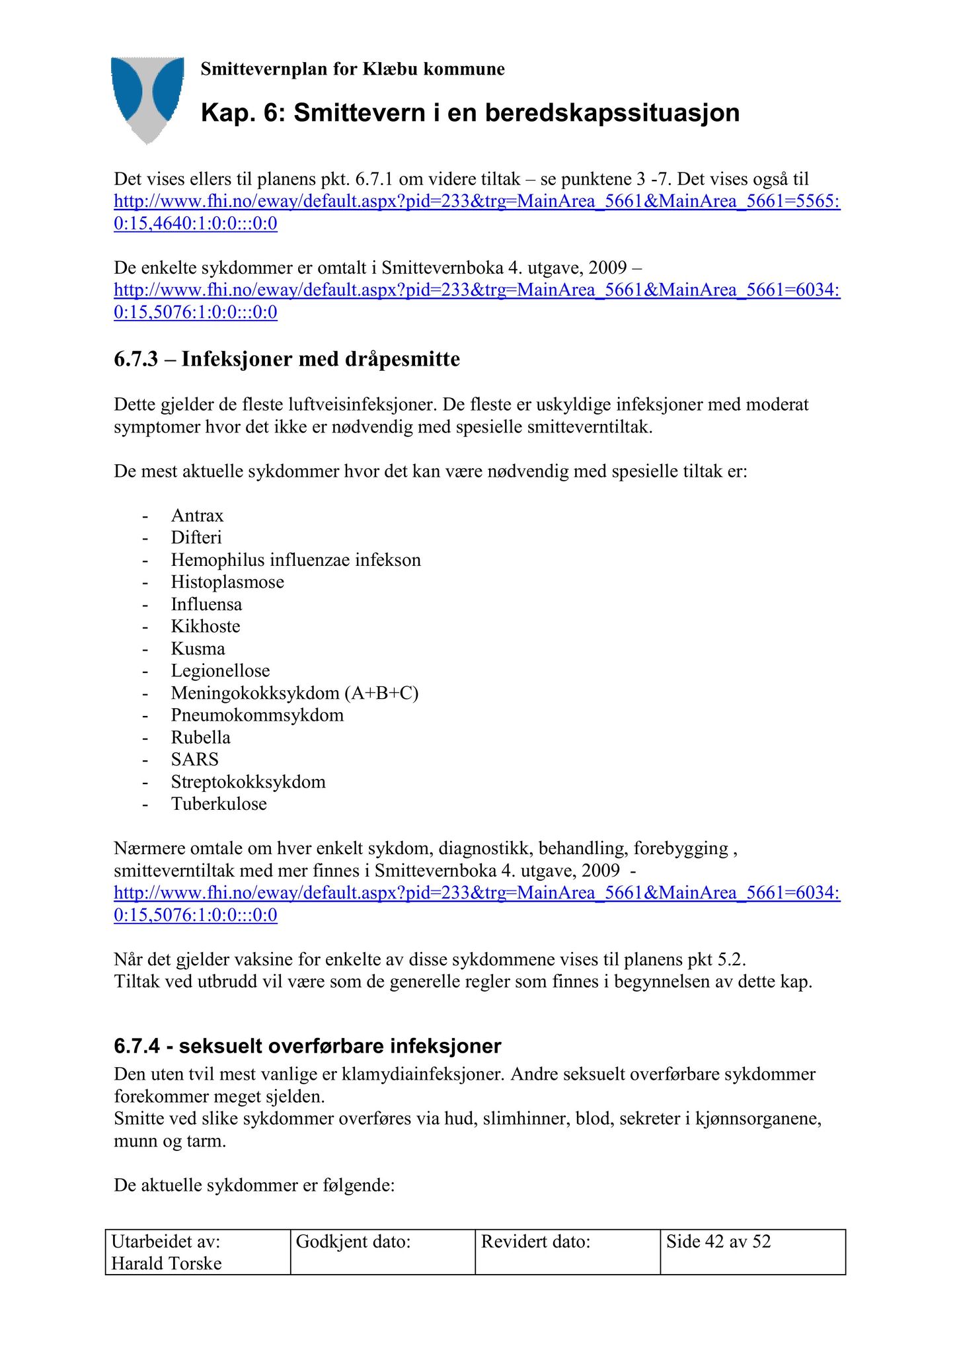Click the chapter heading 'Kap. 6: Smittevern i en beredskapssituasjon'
(470, 113)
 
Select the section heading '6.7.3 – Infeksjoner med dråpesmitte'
(287, 359)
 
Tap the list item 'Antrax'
(197, 516)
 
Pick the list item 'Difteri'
(196, 538)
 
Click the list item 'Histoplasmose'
(227, 582)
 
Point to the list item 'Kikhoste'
(206, 626)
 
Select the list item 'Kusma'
(198, 649)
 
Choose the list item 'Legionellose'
(220, 671)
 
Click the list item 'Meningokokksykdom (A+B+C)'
(295, 693)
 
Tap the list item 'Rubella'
(200, 737)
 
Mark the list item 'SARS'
(194, 760)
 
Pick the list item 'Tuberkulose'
(219, 804)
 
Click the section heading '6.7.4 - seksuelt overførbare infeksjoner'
(307, 1046)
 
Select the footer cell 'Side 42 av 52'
(718, 1241)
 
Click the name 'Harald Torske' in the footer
(167, 1263)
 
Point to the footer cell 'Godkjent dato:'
(353, 1241)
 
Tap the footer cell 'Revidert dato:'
(535, 1241)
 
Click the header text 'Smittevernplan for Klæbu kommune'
(352, 69)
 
